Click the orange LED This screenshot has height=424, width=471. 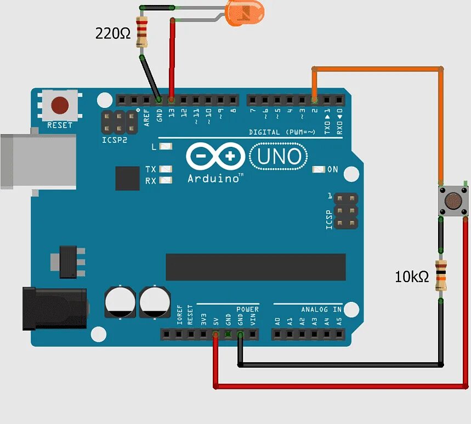click(x=245, y=13)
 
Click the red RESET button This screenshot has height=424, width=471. click(x=59, y=105)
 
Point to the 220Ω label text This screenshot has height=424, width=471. click(x=114, y=34)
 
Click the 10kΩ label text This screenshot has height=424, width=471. click(x=412, y=277)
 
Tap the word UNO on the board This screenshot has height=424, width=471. click(x=279, y=157)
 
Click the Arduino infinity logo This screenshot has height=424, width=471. click(x=215, y=157)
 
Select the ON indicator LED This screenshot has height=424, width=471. click(x=318, y=169)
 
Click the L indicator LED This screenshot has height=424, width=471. click(x=167, y=147)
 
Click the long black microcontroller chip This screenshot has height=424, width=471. click(x=256, y=267)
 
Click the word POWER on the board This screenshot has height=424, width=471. click(x=247, y=310)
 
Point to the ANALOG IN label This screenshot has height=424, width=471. click(x=321, y=310)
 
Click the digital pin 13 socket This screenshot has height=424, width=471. click(x=172, y=100)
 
